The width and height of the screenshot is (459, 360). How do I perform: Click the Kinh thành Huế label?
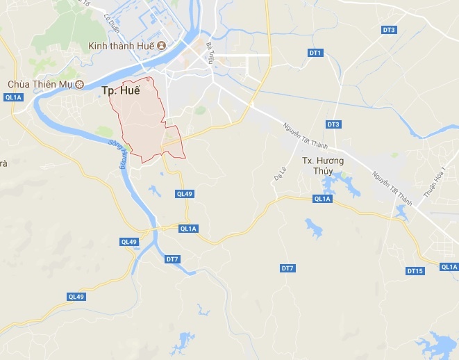(x=122, y=46)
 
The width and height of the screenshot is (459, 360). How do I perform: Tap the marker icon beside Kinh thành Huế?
(x=161, y=46)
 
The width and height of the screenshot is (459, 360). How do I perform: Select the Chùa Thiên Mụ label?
(x=39, y=84)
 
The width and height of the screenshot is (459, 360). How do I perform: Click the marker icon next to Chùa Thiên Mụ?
(x=79, y=84)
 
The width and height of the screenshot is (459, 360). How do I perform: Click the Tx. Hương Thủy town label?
(x=323, y=165)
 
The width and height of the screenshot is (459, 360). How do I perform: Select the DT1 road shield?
(x=315, y=53)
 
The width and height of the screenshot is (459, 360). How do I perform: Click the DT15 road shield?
(x=415, y=270)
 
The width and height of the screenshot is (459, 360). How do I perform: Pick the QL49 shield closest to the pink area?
(x=184, y=194)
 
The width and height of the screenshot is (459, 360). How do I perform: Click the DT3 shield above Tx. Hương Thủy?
(x=333, y=124)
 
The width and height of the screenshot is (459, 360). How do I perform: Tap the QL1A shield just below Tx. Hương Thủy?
(x=322, y=199)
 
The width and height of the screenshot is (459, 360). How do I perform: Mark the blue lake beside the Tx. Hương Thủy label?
(x=340, y=184)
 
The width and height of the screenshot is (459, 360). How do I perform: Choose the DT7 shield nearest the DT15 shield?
(x=288, y=268)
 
